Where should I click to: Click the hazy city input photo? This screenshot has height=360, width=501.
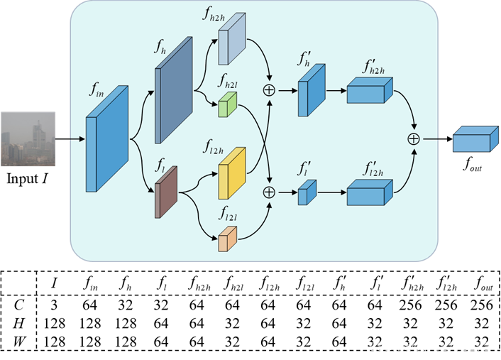[x=28, y=139]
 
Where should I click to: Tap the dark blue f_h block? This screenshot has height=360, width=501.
[x=173, y=91]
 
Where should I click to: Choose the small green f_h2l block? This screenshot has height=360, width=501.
[x=227, y=104]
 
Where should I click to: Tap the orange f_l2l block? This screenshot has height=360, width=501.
[x=227, y=239]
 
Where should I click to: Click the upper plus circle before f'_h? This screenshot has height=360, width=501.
[x=269, y=90]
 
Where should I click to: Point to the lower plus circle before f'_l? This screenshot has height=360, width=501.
[x=269, y=192]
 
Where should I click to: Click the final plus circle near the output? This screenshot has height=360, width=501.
[x=413, y=139]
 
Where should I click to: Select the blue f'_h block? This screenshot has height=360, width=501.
[x=311, y=91]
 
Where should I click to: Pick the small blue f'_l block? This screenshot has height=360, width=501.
[x=307, y=192]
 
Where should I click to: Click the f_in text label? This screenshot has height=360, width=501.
[x=97, y=89]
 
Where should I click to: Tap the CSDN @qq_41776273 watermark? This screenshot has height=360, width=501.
[x=429, y=347]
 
